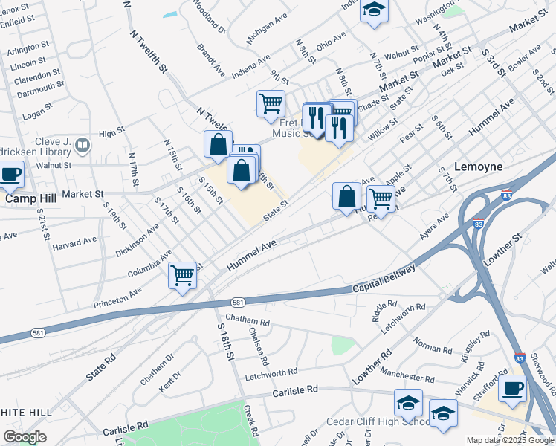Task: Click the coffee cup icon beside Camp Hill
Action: [10, 175]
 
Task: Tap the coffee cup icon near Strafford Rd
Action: [511, 388]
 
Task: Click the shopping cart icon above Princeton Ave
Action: [182, 276]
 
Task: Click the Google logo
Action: [25, 436]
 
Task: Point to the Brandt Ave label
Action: [210, 60]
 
